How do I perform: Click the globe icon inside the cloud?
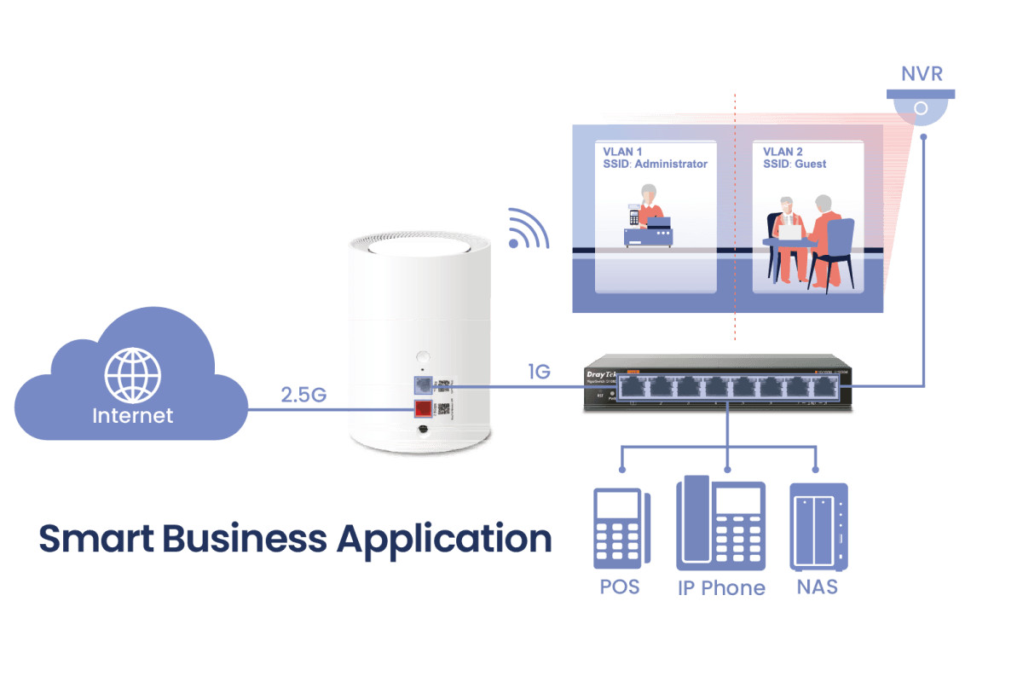coord(132,375)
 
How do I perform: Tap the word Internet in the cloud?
coord(132,416)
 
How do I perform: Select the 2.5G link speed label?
coord(304,396)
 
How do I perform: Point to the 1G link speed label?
coord(539,372)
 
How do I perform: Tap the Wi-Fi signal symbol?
coord(527,229)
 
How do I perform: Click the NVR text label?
coord(921,74)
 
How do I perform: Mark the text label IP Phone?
coord(721,587)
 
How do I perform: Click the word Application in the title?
coord(443,539)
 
